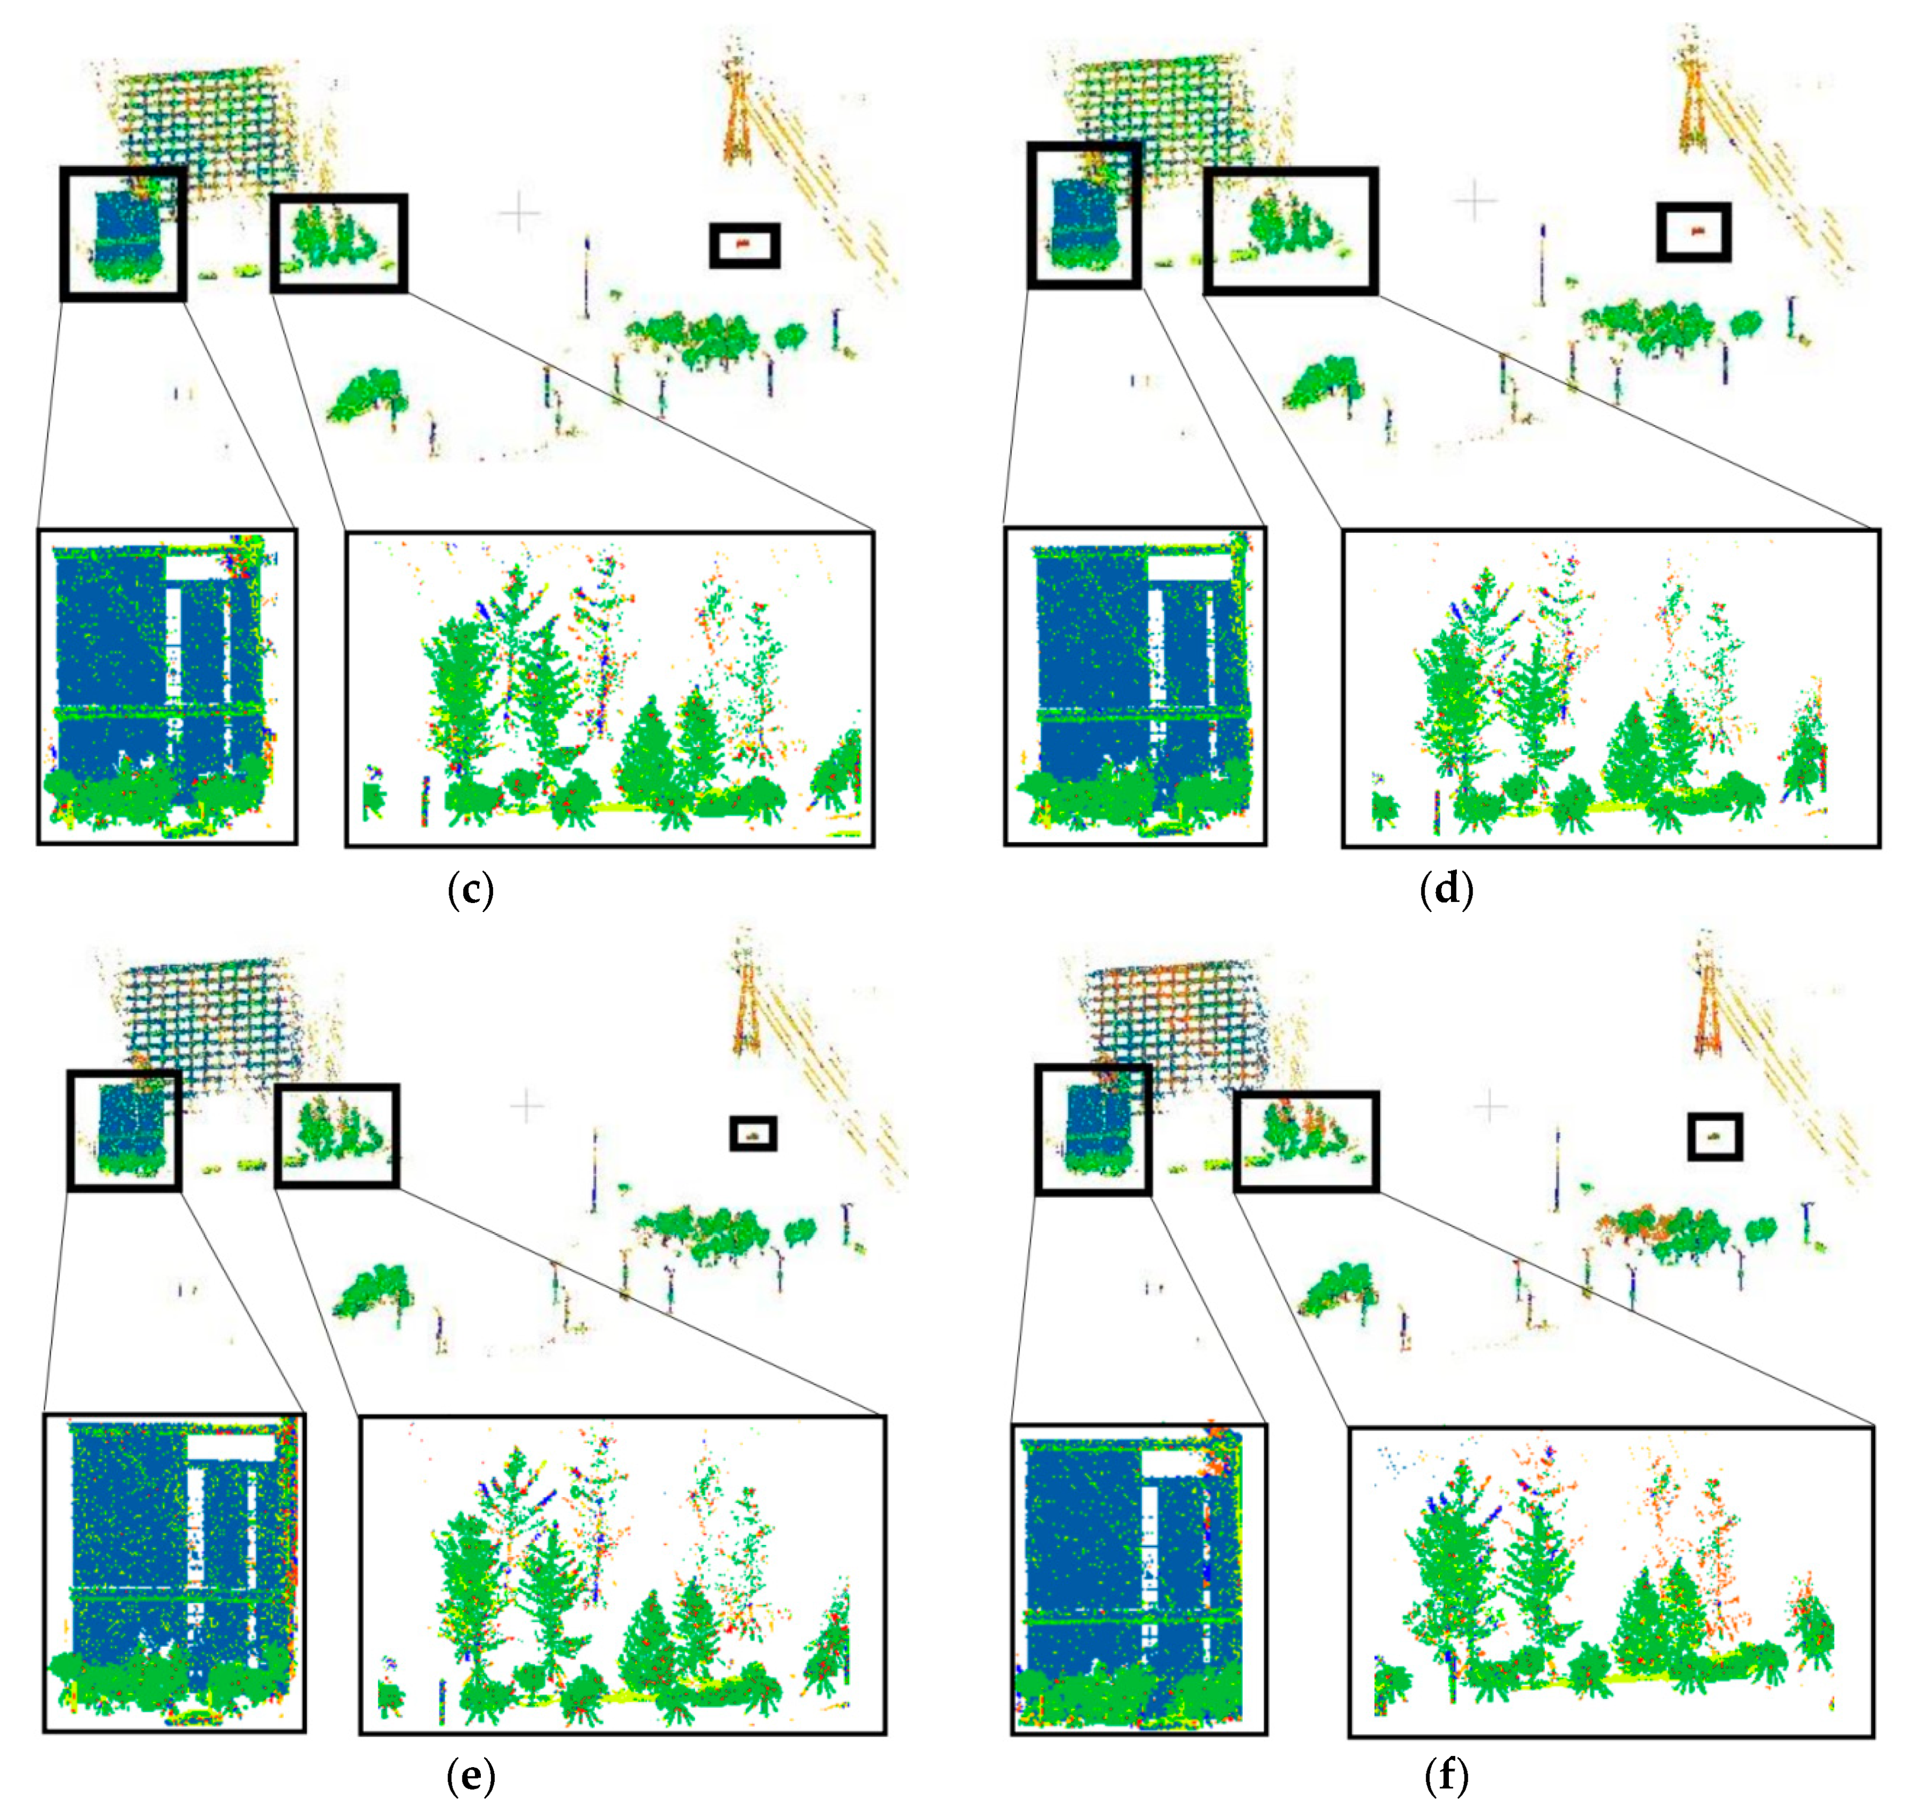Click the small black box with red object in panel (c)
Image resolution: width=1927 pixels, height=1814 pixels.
[745, 245]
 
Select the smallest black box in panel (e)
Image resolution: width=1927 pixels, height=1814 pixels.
[753, 1134]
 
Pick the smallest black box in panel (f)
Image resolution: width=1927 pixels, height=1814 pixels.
[1715, 1137]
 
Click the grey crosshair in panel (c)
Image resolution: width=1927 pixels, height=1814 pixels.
[520, 212]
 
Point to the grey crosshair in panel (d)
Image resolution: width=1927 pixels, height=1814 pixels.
[1475, 201]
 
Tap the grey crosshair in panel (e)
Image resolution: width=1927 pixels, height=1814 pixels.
[527, 1106]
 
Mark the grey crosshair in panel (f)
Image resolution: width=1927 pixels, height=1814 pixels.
[1490, 1106]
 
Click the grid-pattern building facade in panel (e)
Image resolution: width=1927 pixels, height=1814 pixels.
[213, 1018]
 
